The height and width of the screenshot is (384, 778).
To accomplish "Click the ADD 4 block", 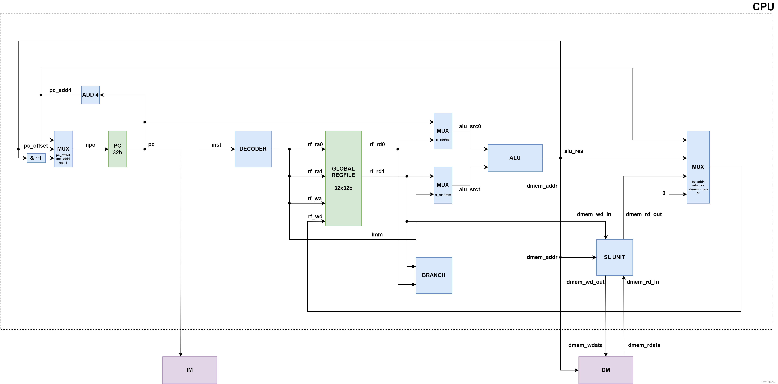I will (90, 95).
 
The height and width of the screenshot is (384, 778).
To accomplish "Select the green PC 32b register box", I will (117, 149).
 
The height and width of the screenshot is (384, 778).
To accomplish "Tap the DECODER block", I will (253, 149).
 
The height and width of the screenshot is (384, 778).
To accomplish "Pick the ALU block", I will (515, 158).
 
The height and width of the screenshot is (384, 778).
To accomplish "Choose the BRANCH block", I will (434, 275).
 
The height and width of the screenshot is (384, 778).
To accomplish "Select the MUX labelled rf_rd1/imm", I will (443, 185).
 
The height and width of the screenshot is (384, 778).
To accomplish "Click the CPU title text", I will (763, 7).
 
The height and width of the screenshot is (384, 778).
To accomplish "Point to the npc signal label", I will (90, 145).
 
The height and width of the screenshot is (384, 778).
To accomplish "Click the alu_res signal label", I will (573, 151).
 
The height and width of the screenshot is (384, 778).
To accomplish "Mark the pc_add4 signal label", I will (60, 90).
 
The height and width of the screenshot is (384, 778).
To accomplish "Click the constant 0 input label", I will (664, 193).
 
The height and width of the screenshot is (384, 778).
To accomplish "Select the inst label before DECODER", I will (216, 145).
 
